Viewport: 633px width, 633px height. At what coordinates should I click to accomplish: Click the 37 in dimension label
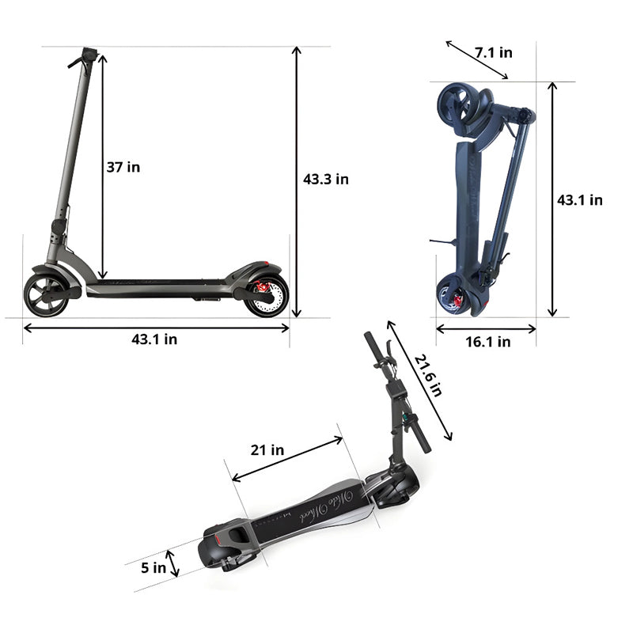123,167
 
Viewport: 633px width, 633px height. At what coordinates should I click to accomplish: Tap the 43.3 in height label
325,179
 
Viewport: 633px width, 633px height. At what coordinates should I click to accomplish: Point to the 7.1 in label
494,53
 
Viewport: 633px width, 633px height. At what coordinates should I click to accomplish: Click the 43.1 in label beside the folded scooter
579,200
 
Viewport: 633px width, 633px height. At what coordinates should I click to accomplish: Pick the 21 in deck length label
267,450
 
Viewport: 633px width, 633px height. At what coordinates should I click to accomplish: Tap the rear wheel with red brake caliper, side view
266,295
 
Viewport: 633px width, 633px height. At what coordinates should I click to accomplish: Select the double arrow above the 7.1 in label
476,60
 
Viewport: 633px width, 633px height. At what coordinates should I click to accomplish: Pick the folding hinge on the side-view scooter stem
57,227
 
